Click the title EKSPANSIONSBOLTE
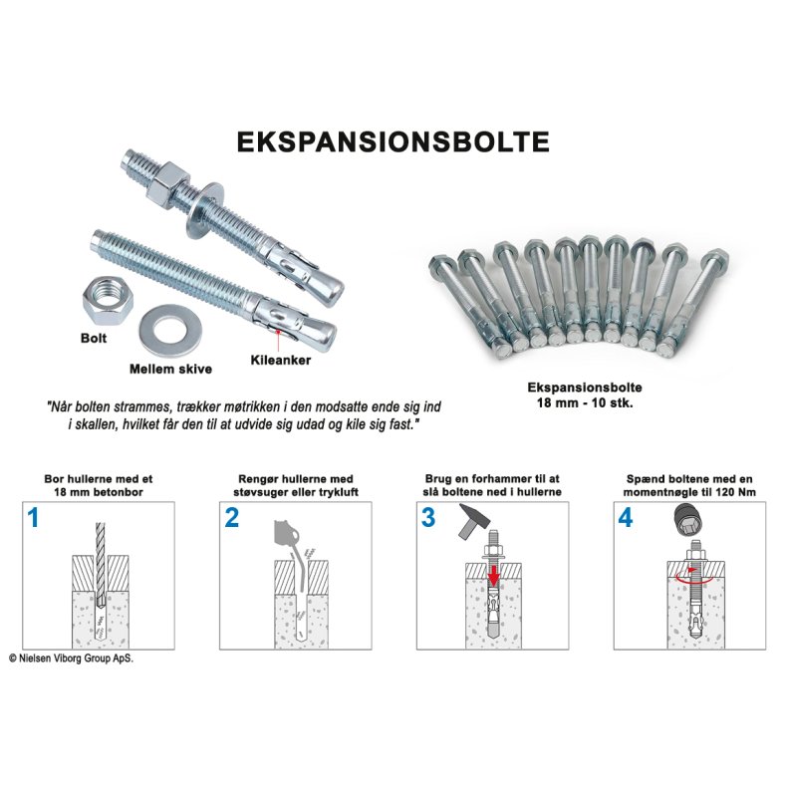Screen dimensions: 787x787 pos(393,142)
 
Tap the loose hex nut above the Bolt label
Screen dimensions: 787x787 pos(108,302)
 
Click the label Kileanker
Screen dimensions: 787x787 pos(281,360)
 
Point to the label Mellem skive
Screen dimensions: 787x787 pos(170,369)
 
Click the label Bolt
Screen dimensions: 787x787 pos(94,338)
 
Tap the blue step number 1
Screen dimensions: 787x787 pos(33,518)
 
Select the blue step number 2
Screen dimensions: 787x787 pos(232,518)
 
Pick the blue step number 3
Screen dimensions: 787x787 pos(428,518)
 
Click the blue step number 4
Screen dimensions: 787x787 pos(626,518)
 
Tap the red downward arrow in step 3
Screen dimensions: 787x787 pos(494,574)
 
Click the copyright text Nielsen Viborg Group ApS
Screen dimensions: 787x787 pos(72,658)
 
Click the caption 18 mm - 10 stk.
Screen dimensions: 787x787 pos(585,402)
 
